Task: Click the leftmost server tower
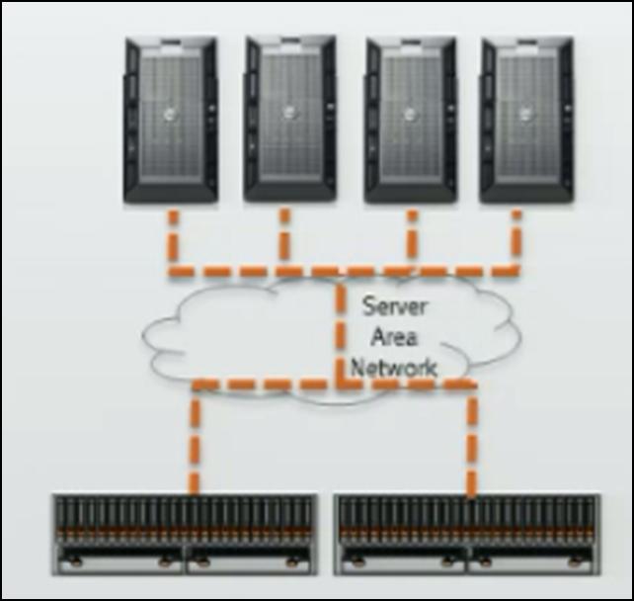tap(170, 120)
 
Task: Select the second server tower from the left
tap(290, 120)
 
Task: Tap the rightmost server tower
tap(526, 120)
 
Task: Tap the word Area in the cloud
tap(395, 336)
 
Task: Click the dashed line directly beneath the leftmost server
tap(172, 237)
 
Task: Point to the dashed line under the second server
tap(284, 237)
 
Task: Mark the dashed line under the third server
tap(412, 237)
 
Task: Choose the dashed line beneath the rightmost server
tap(516, 237)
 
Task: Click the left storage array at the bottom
tap(186, 534)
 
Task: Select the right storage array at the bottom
tap(467, 534)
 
